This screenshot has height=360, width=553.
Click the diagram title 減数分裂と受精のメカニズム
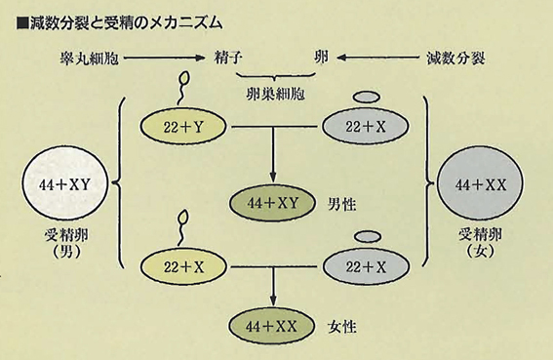pyautogui.click(x=120, y=23)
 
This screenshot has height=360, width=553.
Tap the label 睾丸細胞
pyautogui.click(x=89, y=59)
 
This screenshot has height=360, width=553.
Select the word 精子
pyautogui.click(x=228, y=58)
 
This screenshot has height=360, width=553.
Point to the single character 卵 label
pyautogui.click(x=321, y=58)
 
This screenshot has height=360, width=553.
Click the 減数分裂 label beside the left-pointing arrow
pyautogui.click(x=455, y=59)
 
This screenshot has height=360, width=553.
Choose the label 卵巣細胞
pyautogui.click(x=275, y=94)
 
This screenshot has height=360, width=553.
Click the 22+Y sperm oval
pyautogui.click(x=183, y=127)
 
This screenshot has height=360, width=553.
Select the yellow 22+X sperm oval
pyautogui.click(x=183, y=267)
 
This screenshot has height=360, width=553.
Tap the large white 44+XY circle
pyautogui.click(x=65, y=184)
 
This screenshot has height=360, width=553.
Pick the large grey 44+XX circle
pyautogui.click(x=480, y=184)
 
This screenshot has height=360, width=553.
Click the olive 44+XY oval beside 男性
pyautogui.click(x=272, y=203)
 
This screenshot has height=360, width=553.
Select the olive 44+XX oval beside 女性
pyautogui.click(x=271, y=326)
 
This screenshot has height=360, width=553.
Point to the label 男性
pyautogui.click(x=342, y=204)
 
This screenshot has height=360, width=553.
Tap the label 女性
pyautogui.click(x=342, y=327)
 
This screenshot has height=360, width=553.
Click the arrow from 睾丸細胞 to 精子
pyautogui.click(x=165, y=58)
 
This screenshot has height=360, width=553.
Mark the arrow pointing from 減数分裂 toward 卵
pyautogui.click(x=377, y=58)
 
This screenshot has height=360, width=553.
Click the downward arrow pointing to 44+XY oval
pyautogui.click(x=272, y=154)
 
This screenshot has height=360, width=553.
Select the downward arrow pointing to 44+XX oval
pyautogui.click(x=273, y=286)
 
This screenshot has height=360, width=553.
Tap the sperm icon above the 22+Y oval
pyautogui.click(x=182, y=88)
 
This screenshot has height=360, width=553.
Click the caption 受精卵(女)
pyautogui.click(x=480, y=243)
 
